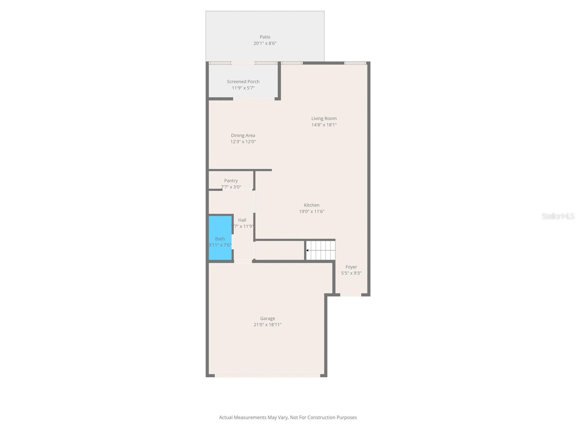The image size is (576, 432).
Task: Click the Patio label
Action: click(265, 37)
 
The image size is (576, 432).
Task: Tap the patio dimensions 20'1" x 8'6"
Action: click(265, 43)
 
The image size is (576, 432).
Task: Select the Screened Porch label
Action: click(243, 82)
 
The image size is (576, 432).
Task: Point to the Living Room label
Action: click(324, 118)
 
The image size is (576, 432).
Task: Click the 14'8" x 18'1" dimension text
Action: click(324, 125)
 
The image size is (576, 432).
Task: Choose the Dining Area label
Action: click(243, 136)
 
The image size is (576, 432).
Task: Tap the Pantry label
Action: click(231, 181)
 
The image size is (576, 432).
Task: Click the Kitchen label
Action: click(312, 205)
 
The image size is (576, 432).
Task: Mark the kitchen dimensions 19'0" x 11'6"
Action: click(312, 212)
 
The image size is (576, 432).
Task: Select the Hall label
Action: click(242, 220)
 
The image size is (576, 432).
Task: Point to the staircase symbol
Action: click(321, 250)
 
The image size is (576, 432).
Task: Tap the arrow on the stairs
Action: click(308, 250)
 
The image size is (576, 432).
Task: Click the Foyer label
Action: click(351, 267)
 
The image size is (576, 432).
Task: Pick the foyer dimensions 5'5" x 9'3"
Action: click(351, 273)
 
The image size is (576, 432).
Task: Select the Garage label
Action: click(267, 319)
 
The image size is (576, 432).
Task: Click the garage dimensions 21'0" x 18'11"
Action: click(267, 325)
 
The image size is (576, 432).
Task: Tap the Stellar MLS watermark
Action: click(558, 216)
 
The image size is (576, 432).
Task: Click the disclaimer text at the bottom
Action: click(288, 418)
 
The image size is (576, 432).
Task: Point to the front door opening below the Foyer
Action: click(351, 295)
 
